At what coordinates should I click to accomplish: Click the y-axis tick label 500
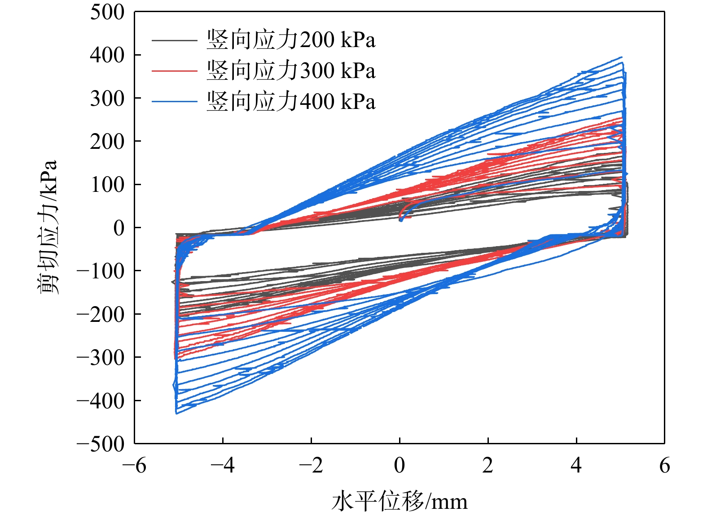[x=107, y=12]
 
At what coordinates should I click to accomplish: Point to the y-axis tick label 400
[x=107, y=55]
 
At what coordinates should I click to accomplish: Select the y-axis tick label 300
[x=107, y=98]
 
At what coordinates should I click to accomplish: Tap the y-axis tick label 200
[x=107, y=141]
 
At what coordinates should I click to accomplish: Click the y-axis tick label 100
[x=107, y=185]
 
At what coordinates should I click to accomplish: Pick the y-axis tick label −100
[x=101, y=271]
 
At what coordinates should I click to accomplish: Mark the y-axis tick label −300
[x=101, y=357]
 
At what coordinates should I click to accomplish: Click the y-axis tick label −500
[x=101, y=444]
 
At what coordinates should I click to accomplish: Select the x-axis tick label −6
[x=134, y=465]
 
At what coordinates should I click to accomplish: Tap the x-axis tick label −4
[x=223, y=465]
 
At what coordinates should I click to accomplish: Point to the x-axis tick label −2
[x=311, y=465]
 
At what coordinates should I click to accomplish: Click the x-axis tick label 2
[x=488, y=465]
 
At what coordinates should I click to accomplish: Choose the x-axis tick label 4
[x=576, y=465]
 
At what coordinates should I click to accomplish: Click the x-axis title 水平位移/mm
[x=400, y=501]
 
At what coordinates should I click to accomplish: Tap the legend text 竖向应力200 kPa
[x=291, y=40]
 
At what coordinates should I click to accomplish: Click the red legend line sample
[x=175, y=71]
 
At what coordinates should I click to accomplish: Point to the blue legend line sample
[x=175, y=101]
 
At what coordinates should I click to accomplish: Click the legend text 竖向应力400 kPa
[x=291, y=101]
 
